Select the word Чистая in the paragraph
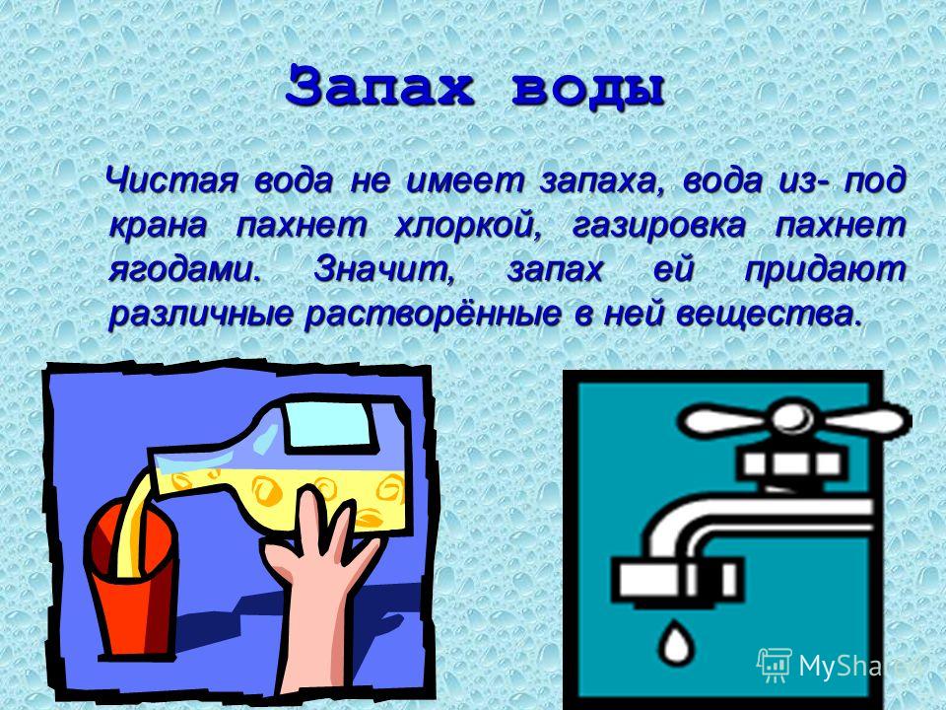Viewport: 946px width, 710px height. [x=171, y=179]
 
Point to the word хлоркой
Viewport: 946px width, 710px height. [x=468, y=225]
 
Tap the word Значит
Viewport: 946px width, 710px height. [x=383, y=270]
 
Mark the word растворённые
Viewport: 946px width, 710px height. [x=432, y=316]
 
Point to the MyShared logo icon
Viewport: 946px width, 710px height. [x=775, y=665]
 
